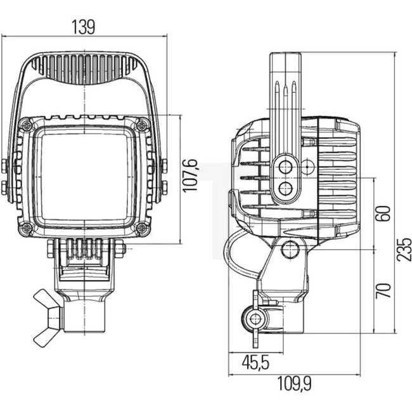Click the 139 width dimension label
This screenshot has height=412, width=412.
83,27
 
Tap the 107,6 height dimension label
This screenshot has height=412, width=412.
190,176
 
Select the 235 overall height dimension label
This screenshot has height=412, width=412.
404,249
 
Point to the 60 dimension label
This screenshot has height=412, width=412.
383,214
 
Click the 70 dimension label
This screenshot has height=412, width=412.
383,290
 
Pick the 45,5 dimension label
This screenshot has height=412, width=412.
255,363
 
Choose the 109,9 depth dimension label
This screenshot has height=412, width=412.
295,384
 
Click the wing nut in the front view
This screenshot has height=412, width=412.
48,318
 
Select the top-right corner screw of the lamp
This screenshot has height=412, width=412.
142,125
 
